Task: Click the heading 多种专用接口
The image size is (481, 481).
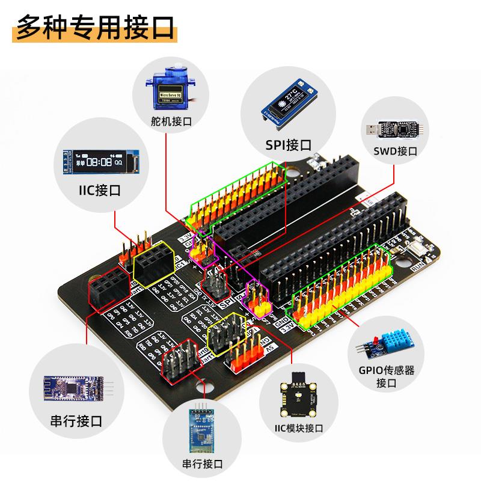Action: point(94,26)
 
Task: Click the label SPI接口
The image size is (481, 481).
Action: point(289,144)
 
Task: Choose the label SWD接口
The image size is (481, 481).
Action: point(395,151)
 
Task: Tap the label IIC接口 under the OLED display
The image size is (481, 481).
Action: point(100,191)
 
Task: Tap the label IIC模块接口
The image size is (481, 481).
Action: point(295,428)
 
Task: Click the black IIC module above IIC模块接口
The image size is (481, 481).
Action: point(296,397)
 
